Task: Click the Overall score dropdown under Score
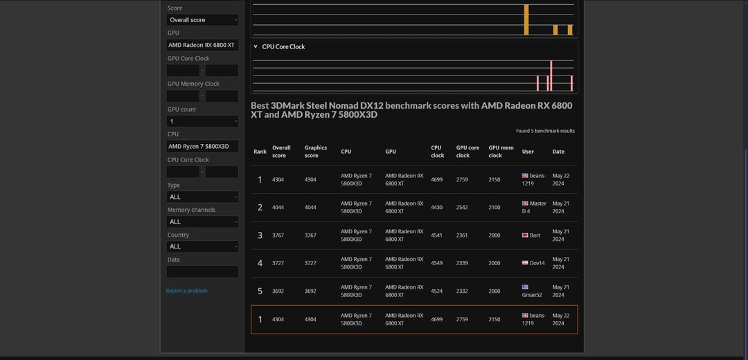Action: point(202,20)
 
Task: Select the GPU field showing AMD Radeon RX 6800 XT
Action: point(202,45)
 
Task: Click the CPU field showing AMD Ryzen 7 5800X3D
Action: point(202,146)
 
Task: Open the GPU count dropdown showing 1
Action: point(202,121)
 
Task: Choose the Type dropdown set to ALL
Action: point(202,197)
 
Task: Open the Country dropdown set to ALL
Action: point(202,246)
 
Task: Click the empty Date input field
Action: point(202,272)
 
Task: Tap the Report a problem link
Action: point(186,291)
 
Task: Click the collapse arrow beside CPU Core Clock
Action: point(255,46)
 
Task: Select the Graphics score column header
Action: point(316,152)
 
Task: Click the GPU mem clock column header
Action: point(501,152)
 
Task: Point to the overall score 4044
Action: point(278,208)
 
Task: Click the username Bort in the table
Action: point(535,235)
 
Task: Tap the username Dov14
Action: point(537,263)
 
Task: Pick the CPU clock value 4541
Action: point(437,235)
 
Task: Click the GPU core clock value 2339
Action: point(462,263)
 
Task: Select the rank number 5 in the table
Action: point(260,291)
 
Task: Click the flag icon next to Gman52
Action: point(525,287)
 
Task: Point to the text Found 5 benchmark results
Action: point(545,131)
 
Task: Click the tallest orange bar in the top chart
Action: point(526,19)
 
